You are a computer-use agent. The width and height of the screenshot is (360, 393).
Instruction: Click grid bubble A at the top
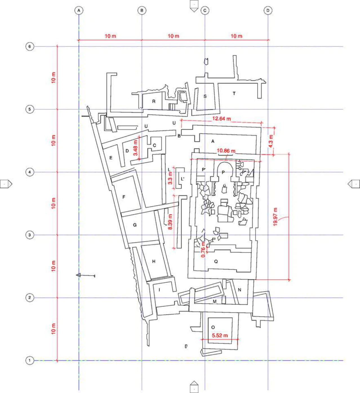79,10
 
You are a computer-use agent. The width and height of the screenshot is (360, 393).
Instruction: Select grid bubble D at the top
268,10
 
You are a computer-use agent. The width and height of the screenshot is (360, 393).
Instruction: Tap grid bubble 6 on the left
30,46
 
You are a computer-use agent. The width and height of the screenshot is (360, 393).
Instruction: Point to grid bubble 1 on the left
30,360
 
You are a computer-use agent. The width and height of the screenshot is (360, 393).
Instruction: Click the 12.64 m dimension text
222,119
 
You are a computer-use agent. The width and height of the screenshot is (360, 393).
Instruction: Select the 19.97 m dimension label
275,217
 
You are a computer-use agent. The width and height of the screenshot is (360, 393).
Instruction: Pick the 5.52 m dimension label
220,336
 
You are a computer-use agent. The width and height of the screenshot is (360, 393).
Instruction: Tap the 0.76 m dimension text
203,250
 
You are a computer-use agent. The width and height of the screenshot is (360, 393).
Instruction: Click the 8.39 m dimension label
170,222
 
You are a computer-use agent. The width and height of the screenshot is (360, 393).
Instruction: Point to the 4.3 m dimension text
271,141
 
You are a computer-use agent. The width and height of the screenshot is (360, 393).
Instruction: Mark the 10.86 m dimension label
226,151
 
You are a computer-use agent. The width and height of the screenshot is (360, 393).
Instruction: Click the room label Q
216,261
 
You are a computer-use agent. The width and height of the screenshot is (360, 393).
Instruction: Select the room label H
154,261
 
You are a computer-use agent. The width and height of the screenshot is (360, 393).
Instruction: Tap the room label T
234,94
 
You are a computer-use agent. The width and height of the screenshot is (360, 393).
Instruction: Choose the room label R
154,101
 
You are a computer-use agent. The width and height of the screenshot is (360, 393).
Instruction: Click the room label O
213,327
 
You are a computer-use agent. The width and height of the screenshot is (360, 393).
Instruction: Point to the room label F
124,197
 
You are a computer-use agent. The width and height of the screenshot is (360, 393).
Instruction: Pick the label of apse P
223,172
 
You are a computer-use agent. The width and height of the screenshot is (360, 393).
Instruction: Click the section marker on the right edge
354,184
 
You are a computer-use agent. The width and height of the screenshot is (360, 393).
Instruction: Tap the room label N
239,290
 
